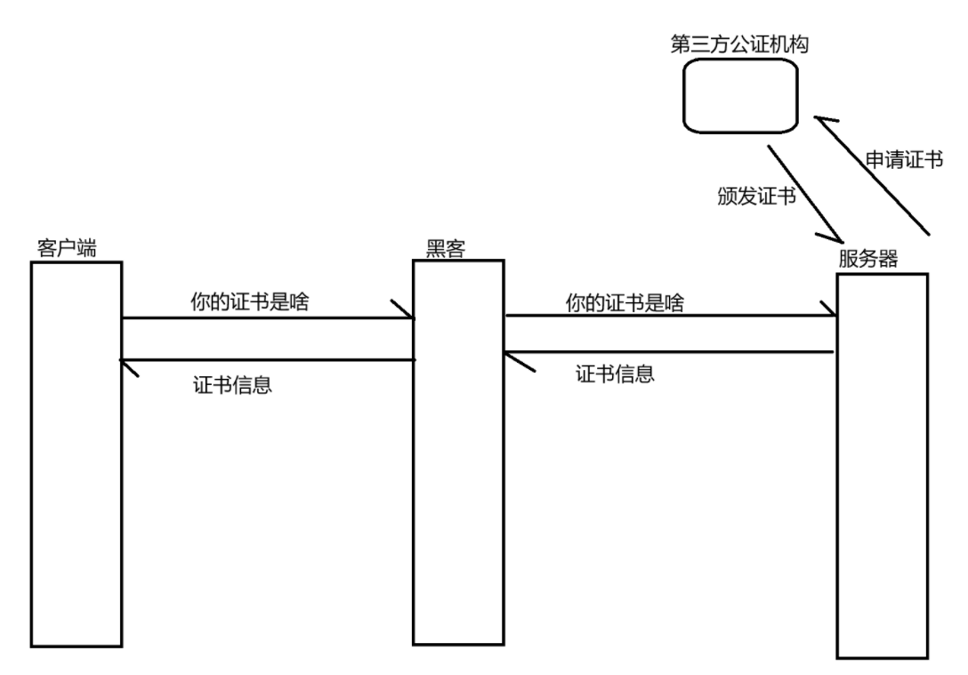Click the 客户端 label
[x=68, y=246]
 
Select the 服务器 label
[x=867, y=260]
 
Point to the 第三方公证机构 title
[x=739, y=44]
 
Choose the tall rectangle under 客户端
[x=76, y=454]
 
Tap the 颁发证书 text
[x=755, y=196]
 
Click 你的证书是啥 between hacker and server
[x=625, y=301]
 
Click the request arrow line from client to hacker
[x=267, y=317]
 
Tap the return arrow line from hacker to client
[x=267, y=359]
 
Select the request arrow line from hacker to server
[x=667, y=315]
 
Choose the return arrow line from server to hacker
[x=667, y=353]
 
